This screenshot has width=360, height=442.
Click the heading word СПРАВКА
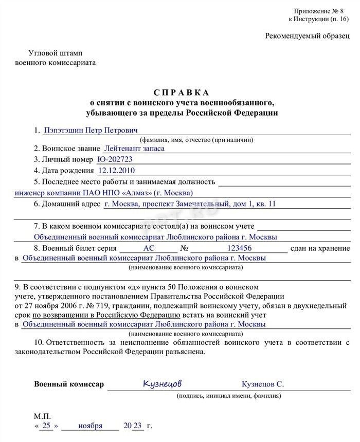point(182,93)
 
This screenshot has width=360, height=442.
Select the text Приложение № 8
point(316,11)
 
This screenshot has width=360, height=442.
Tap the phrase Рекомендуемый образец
point(307,36)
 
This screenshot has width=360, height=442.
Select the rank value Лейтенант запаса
point(134,149)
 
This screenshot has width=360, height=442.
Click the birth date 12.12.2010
point(116,171)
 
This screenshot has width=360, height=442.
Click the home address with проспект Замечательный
point(190,204)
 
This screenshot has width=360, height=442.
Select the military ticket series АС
point(149,248)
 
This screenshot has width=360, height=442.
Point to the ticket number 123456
point(239,248)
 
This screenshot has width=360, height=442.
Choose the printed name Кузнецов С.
point(263,384)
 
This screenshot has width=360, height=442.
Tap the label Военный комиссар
point(69,384)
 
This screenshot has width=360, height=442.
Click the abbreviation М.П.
point(43,416)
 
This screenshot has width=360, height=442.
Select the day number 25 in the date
point(46,426)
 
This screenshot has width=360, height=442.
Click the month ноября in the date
point(91,426)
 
